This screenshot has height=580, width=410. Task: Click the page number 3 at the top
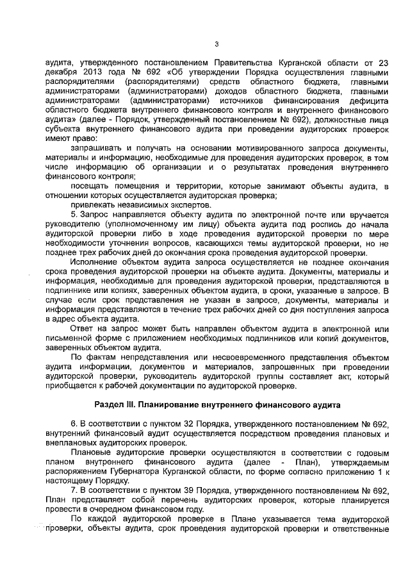click(x=217, y=44)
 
